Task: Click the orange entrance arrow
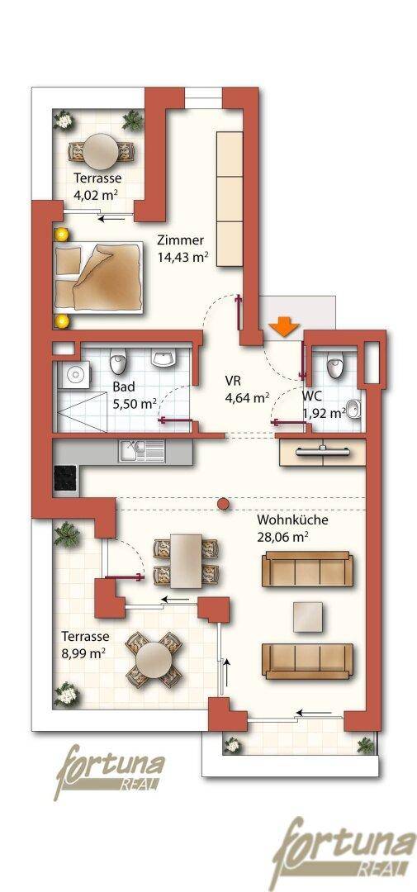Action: (x=284, y=327)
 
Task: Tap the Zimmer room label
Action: (x=180, y=240)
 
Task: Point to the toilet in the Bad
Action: (x=118, y=359)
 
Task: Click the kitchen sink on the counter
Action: (x=142, y=451)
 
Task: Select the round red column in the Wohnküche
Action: (x=224, y=504)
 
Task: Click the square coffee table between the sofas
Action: (x=308, y=617)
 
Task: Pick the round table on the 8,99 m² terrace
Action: (x=154, y=658)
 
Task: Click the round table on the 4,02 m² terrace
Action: (x=102, y=149)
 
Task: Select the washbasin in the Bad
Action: (x=163, y=358)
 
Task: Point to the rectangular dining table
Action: (x=186, y=561)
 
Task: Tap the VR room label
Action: (x=232, y=381)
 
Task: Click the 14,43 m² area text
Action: (x=182, y=257)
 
